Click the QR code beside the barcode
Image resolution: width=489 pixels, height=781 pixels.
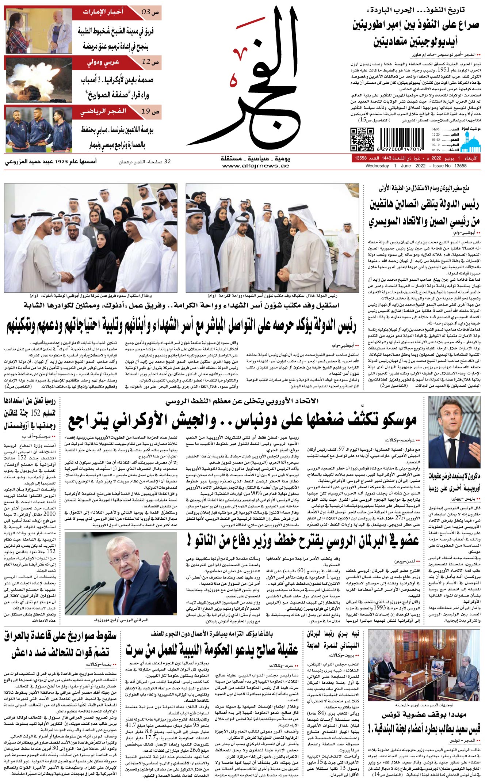[x=362, y=139]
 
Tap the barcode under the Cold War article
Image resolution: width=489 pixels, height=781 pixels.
[x=401, y=139]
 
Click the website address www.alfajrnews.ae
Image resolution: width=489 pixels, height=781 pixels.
[x=256, y=166]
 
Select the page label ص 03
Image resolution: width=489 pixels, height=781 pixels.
[x=150, y=12]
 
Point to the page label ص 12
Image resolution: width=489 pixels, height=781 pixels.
[x=150, y=62]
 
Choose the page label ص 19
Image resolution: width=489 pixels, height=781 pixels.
[x=150, y=111]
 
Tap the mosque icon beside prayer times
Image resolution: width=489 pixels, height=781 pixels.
[x=471, y=141]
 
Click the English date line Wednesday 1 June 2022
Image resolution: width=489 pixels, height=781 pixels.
[x=416, y=166]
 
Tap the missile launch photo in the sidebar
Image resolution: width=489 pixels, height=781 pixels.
[x=39, y=79]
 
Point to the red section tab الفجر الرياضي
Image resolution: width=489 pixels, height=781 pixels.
[x=104, y=111]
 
